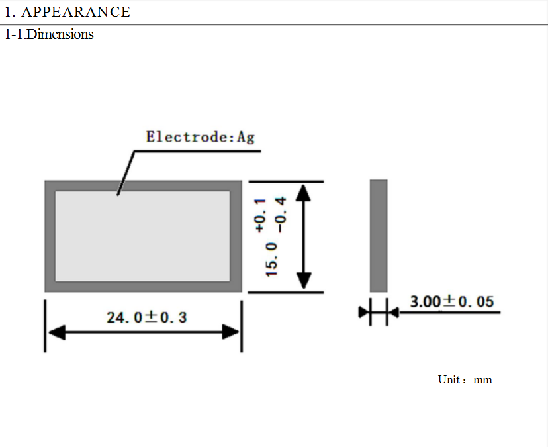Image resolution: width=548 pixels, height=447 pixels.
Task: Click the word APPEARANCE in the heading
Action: click(76, 12)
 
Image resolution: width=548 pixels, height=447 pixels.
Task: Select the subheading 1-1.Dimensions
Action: click(49, 34)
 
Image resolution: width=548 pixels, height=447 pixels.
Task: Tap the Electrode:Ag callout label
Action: click(200, 137)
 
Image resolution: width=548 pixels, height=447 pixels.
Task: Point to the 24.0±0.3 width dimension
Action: click(147, 317)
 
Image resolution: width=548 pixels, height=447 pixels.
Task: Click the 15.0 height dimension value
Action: click(271, 259)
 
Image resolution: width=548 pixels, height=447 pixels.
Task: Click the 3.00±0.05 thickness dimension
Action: click(451, 301)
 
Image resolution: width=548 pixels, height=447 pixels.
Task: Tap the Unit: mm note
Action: click(465, 379)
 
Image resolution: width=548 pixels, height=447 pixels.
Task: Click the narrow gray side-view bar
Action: click(379, 236)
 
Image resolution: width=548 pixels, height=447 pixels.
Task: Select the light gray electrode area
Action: click(142, 236)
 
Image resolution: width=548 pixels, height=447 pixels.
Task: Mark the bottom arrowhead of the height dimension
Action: click(303, 281)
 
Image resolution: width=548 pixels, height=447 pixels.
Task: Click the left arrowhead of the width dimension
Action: click(57, 332)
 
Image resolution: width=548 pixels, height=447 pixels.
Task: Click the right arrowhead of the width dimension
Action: click(231, 332)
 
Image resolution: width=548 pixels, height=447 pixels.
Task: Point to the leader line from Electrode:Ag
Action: click(126, 172)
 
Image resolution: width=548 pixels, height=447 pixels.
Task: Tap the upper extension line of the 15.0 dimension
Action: click(286, 181)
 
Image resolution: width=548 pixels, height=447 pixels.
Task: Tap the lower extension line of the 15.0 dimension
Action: click(286, 292)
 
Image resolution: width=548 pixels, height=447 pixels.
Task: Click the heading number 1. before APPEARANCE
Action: click(9, 12)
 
